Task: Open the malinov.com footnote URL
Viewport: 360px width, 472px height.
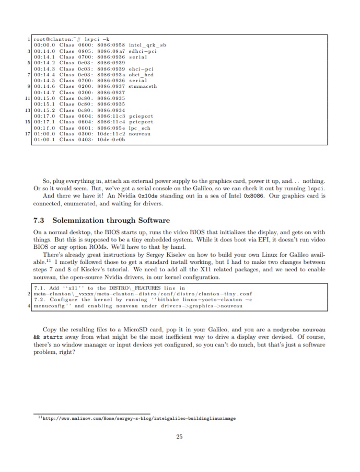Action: [x=138, y=418]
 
